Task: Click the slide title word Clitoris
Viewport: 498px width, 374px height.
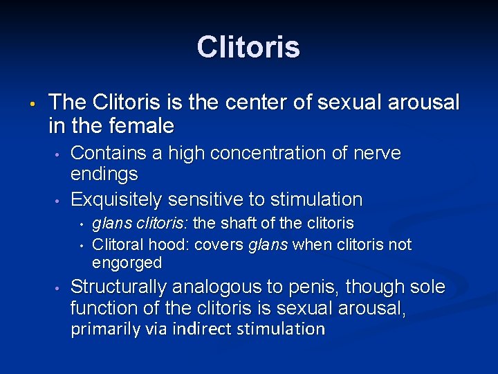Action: pos(248,47)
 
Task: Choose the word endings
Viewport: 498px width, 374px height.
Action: pos(104,174)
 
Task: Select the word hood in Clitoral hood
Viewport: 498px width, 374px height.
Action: pos(175,244)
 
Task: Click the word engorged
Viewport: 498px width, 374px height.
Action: pos(127,263)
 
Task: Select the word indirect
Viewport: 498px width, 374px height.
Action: pos(205,328)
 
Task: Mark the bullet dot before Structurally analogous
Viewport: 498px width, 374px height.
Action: pos(59,288)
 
